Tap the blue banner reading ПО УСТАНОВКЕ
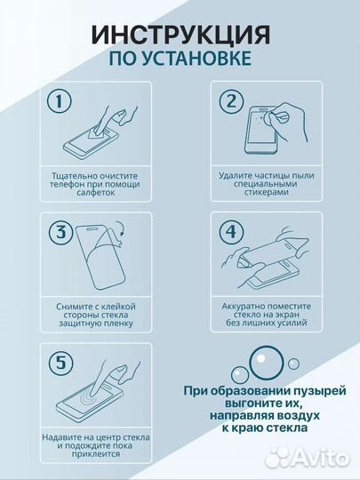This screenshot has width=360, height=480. tap(180, 60)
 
